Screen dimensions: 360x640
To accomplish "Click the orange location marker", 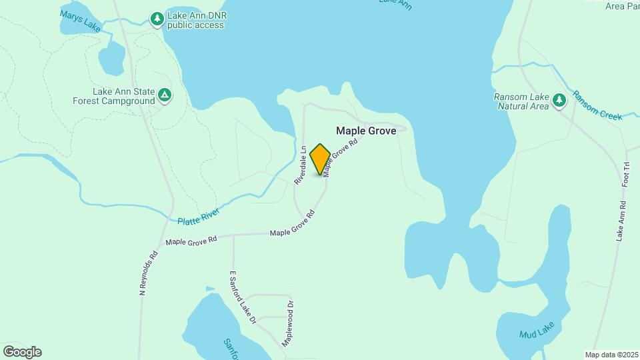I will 320,159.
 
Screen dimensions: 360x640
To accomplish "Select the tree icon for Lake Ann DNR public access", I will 157,19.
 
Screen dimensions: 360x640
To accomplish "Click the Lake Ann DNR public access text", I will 195,20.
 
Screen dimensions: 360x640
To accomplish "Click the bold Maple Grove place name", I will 366,131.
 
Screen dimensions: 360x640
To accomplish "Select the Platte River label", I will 199,215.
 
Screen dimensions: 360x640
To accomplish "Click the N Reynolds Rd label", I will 147,273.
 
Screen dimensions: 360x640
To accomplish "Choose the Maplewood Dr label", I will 287,322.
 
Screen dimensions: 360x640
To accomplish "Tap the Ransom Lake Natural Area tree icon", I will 559,101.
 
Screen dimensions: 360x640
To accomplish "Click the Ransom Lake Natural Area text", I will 521,101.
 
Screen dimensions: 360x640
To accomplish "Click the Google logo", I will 22,352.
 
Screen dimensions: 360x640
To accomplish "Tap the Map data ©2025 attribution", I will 611,354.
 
